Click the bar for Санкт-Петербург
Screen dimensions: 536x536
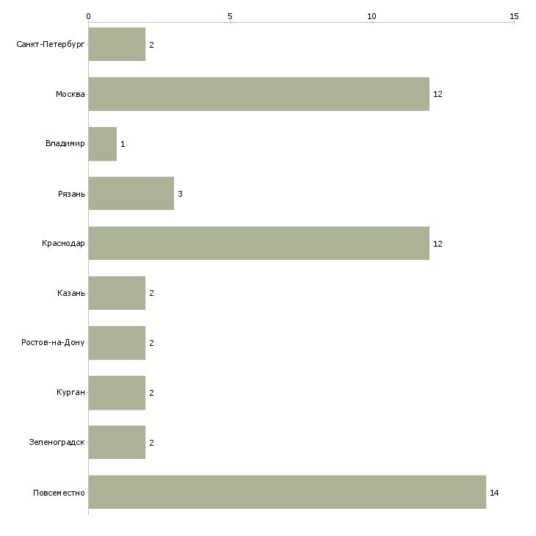[117, 45]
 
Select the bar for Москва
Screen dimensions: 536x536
[258, 94]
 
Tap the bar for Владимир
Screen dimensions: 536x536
[103, 144]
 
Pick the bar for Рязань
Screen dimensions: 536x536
[131, 194]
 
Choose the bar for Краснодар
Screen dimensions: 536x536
[258, 243]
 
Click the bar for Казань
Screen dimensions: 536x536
[117, 293]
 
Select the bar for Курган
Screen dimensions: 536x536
[117, 393]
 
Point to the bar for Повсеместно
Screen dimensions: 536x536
[287, 492]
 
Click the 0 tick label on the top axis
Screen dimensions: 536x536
[89, 15]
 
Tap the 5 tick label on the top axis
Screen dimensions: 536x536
[230, 15]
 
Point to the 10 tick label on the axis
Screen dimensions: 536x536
[372, 15]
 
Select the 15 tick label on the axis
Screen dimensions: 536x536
[514, 15]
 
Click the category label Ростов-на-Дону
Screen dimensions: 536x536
[53, 343]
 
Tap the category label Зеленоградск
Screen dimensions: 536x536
[57, 443]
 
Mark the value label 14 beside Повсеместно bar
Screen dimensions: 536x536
[494, 493]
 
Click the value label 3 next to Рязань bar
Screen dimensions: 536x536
[180, 194]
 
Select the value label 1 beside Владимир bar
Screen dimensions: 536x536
[123, 144]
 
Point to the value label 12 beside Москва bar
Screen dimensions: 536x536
[438, 95]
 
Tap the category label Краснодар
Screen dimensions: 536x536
[63, 244]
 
